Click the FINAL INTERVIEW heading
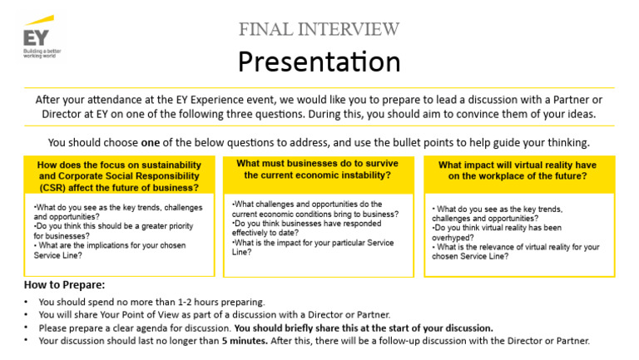(x=319, y=30)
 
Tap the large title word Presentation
(x=319, y=62)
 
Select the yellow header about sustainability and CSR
(x=118, y=176)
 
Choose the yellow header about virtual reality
(x=518, y=170)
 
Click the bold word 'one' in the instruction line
(x=151, y=141)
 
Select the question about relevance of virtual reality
(x=515, y=252)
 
